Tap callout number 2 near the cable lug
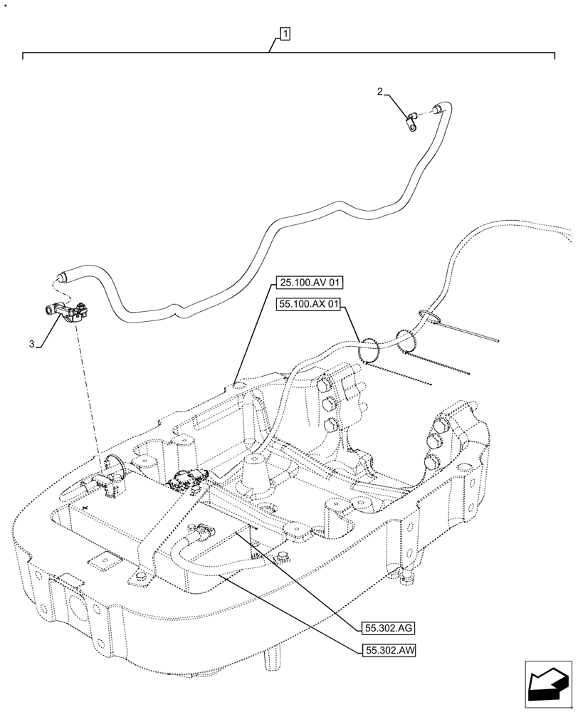(380, 91)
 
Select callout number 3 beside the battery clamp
(32, 344)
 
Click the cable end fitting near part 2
(439, 109)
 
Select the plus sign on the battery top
(86, 508)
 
